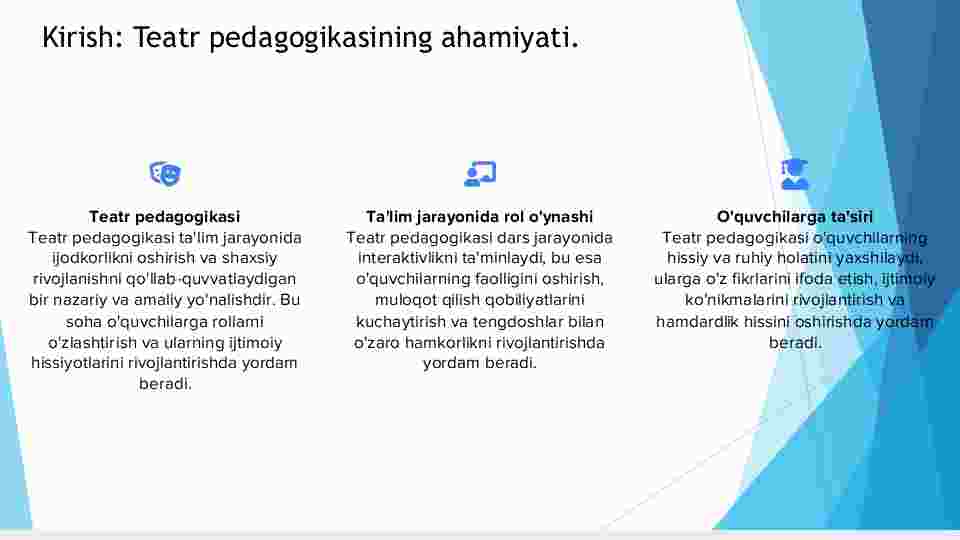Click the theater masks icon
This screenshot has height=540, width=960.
(x=165, y=173)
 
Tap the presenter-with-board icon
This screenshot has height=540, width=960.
(x=480, y=173)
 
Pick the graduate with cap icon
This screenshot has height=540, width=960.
(x=795, y=174)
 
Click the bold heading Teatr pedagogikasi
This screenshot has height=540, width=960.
(x=165, y=216)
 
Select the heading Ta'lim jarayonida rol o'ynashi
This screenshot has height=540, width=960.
(x=479, y=216)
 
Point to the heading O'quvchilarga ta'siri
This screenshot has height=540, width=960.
(x=795, y=216)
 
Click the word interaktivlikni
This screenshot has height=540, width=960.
(x=406, y=258)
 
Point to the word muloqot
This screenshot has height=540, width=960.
(x=402, y=300)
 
